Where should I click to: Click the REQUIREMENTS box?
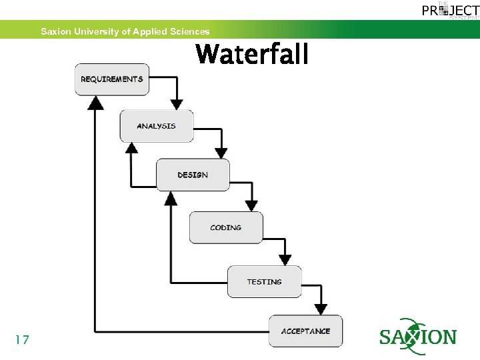coord(112,79)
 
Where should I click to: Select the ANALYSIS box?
coord(157,126)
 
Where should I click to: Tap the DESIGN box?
coord(193,175)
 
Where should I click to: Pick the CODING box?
coord(226,228)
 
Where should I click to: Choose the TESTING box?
coord(265,281)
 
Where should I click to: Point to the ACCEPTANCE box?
coord(305,331)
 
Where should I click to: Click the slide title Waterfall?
coord(252,55)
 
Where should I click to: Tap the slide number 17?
coord(22,340)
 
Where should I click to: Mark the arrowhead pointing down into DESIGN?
coord(221,153)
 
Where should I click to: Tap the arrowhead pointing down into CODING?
coord(252,205)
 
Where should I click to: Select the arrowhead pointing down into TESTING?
coord(285,259)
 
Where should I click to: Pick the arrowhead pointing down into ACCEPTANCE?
coord(321,309)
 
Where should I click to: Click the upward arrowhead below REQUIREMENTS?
coord(97,102)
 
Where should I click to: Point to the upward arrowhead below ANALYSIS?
coord(132,147)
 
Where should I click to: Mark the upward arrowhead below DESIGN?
coord(171,197)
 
